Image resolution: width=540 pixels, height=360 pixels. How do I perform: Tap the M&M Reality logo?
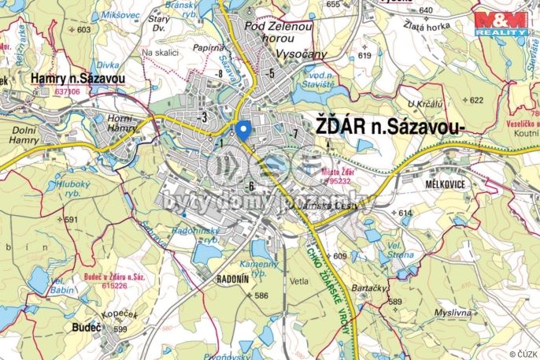click(x=501, y=23)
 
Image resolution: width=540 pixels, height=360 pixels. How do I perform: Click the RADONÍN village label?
click(x=235, y=278)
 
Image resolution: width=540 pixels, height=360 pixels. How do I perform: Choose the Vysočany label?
click(x=300, y=56)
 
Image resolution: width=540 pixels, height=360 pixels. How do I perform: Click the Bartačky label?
click(x=369, y=288)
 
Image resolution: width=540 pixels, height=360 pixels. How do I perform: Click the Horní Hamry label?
click(x=123, y=122)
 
